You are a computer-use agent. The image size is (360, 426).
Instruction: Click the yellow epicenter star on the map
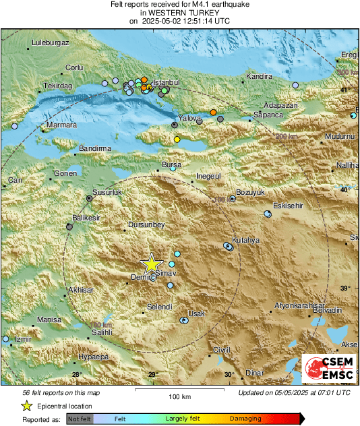(x=152, y=264)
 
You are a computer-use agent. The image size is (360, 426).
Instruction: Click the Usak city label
(x=196, y=313)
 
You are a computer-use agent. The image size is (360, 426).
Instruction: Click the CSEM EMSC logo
(x=327, y=368)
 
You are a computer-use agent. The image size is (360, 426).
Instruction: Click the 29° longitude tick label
(x=153, y=375)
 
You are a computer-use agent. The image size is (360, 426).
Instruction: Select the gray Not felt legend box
(x=79, y=419)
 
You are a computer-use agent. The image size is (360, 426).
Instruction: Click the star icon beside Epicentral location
(x=26, y=406)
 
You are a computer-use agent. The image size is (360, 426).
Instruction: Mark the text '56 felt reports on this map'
(x=62, y=392)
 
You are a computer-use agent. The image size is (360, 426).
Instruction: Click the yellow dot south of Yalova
(x=177, y=139)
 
